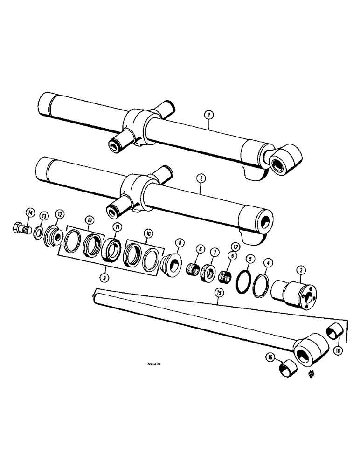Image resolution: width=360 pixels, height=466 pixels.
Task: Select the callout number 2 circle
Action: click(201, 178)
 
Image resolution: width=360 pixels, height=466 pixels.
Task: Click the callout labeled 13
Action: click(44, 216)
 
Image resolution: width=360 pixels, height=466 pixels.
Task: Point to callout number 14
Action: click(30, 213)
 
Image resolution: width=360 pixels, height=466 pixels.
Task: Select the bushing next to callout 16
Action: click(287, 370)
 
